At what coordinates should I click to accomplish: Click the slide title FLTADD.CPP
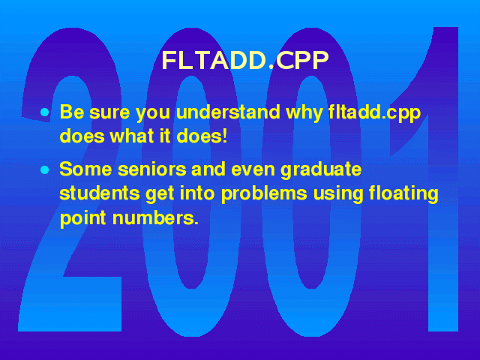pos(245,60)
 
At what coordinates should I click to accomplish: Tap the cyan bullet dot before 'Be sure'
pos(45,112)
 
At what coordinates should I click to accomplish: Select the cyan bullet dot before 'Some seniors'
pos(45,169)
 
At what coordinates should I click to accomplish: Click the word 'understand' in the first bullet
pos(228,112)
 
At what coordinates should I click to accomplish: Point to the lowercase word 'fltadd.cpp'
pos(375,113)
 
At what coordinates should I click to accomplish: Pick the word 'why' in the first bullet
pos(304,113)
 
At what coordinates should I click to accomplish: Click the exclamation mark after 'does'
pos(225,136)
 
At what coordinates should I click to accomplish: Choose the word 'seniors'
pos(152,169)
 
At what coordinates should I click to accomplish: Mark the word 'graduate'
pos(321,171)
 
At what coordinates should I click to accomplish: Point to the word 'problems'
pos(264,195)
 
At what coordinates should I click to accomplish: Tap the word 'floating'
pos(403,195)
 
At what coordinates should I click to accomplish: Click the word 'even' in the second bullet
pos(253,170)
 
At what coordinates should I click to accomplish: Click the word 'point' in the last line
pos(83,219)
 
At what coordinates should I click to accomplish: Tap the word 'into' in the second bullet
pos(196,193)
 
